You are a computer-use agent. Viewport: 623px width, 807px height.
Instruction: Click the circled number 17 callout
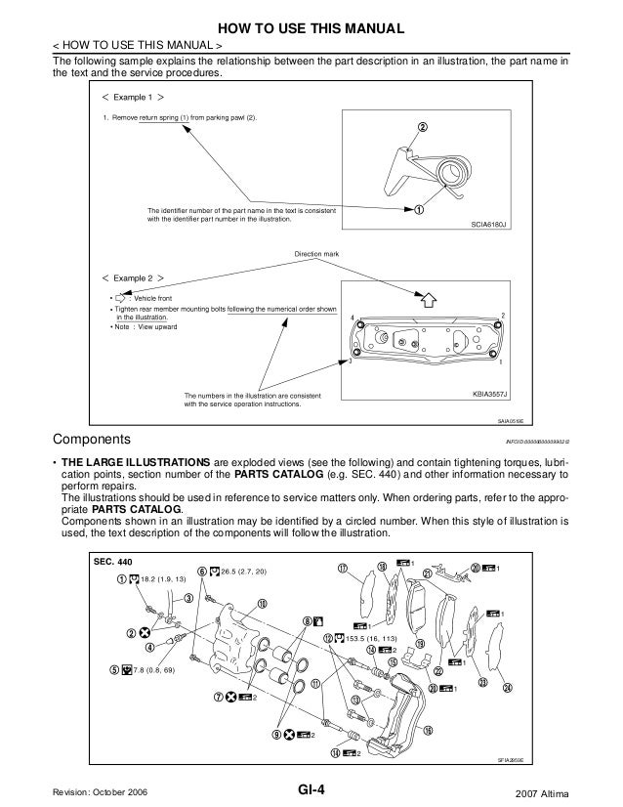click(x=343, y=569)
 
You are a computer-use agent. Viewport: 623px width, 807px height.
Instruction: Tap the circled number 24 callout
click(x=508, y=688)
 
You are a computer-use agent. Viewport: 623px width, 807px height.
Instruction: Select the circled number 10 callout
click(x=263, y=602)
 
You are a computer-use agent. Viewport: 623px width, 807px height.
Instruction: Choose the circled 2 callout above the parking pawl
click(x=423, y=126)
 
